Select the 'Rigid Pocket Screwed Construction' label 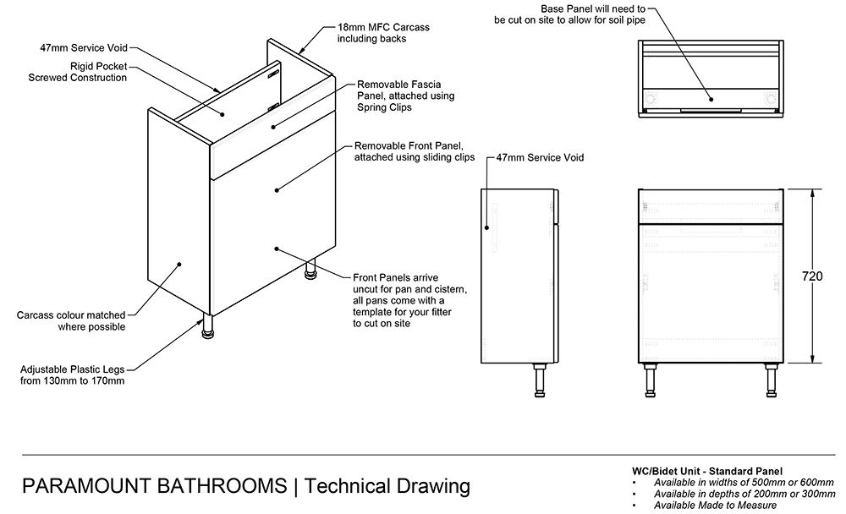click(x=77, y=71)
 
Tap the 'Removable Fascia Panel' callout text click(x=405, y=96)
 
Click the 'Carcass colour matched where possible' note click(x=70, y=320)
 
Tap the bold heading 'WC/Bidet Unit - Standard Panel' click(x=707, y=471)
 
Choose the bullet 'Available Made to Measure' click(x=716, y=506)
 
